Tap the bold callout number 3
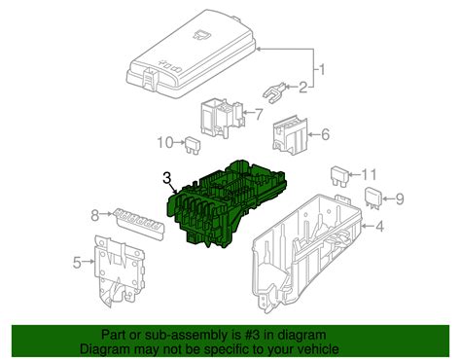167,179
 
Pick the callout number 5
77,261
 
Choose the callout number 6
324,135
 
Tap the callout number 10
166,143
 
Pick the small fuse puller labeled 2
276,94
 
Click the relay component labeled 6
288,134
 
